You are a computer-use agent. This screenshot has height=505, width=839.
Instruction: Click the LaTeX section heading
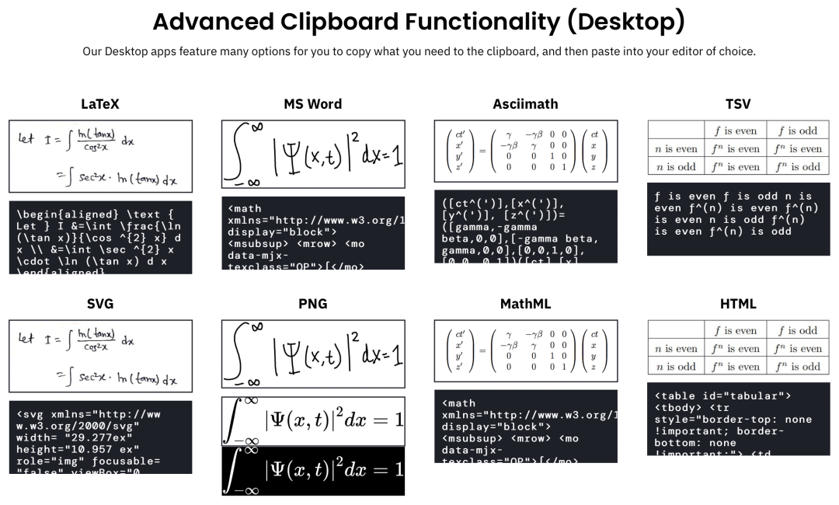[x=100, y=104]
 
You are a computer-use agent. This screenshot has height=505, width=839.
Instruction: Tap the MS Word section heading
[x=313, y=104]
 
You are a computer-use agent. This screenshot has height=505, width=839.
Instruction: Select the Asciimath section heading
[x=525, y=104]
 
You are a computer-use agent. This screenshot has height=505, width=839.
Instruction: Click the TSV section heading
[x=738, y=104]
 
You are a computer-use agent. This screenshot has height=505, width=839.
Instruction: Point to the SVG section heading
[x=100, y=304]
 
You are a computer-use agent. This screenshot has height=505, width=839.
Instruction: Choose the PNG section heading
[x=313, y=304]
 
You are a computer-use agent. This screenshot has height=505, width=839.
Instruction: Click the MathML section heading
[x=525, y=304]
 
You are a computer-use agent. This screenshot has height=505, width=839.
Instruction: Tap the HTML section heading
[x=738, y=304]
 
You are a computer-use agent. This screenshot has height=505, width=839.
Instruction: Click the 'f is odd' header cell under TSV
[x=797, y=131]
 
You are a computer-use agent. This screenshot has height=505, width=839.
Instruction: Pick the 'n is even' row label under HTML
[x=676, y=349]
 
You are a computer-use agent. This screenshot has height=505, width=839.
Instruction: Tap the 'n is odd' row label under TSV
[x=676, y=167]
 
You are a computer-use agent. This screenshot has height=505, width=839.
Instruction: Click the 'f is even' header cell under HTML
[x=735, y=330]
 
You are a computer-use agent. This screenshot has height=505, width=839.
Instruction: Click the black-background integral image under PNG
[x=313, y=471]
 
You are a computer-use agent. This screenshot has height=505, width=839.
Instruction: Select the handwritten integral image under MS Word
[x=313, y=154]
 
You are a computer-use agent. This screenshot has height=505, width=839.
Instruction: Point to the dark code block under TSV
[x=738, y=219]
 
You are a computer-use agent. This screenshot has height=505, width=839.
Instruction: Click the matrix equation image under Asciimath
[x=525, y=150]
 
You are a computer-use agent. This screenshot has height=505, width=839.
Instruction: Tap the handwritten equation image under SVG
[x=100, y=355]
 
